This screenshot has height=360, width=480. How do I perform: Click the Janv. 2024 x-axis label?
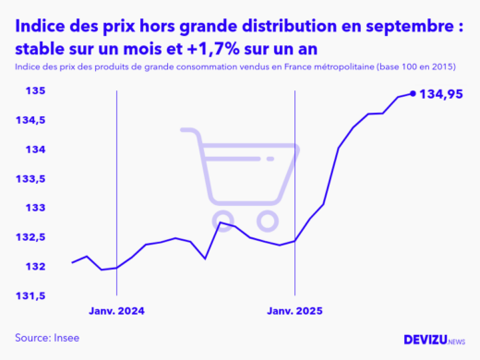pos(117,311)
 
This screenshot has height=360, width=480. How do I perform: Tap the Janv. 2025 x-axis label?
pos(294,311)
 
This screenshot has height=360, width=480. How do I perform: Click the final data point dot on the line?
pos(412,93)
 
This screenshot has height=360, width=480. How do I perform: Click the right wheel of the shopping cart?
pos(268,222)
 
